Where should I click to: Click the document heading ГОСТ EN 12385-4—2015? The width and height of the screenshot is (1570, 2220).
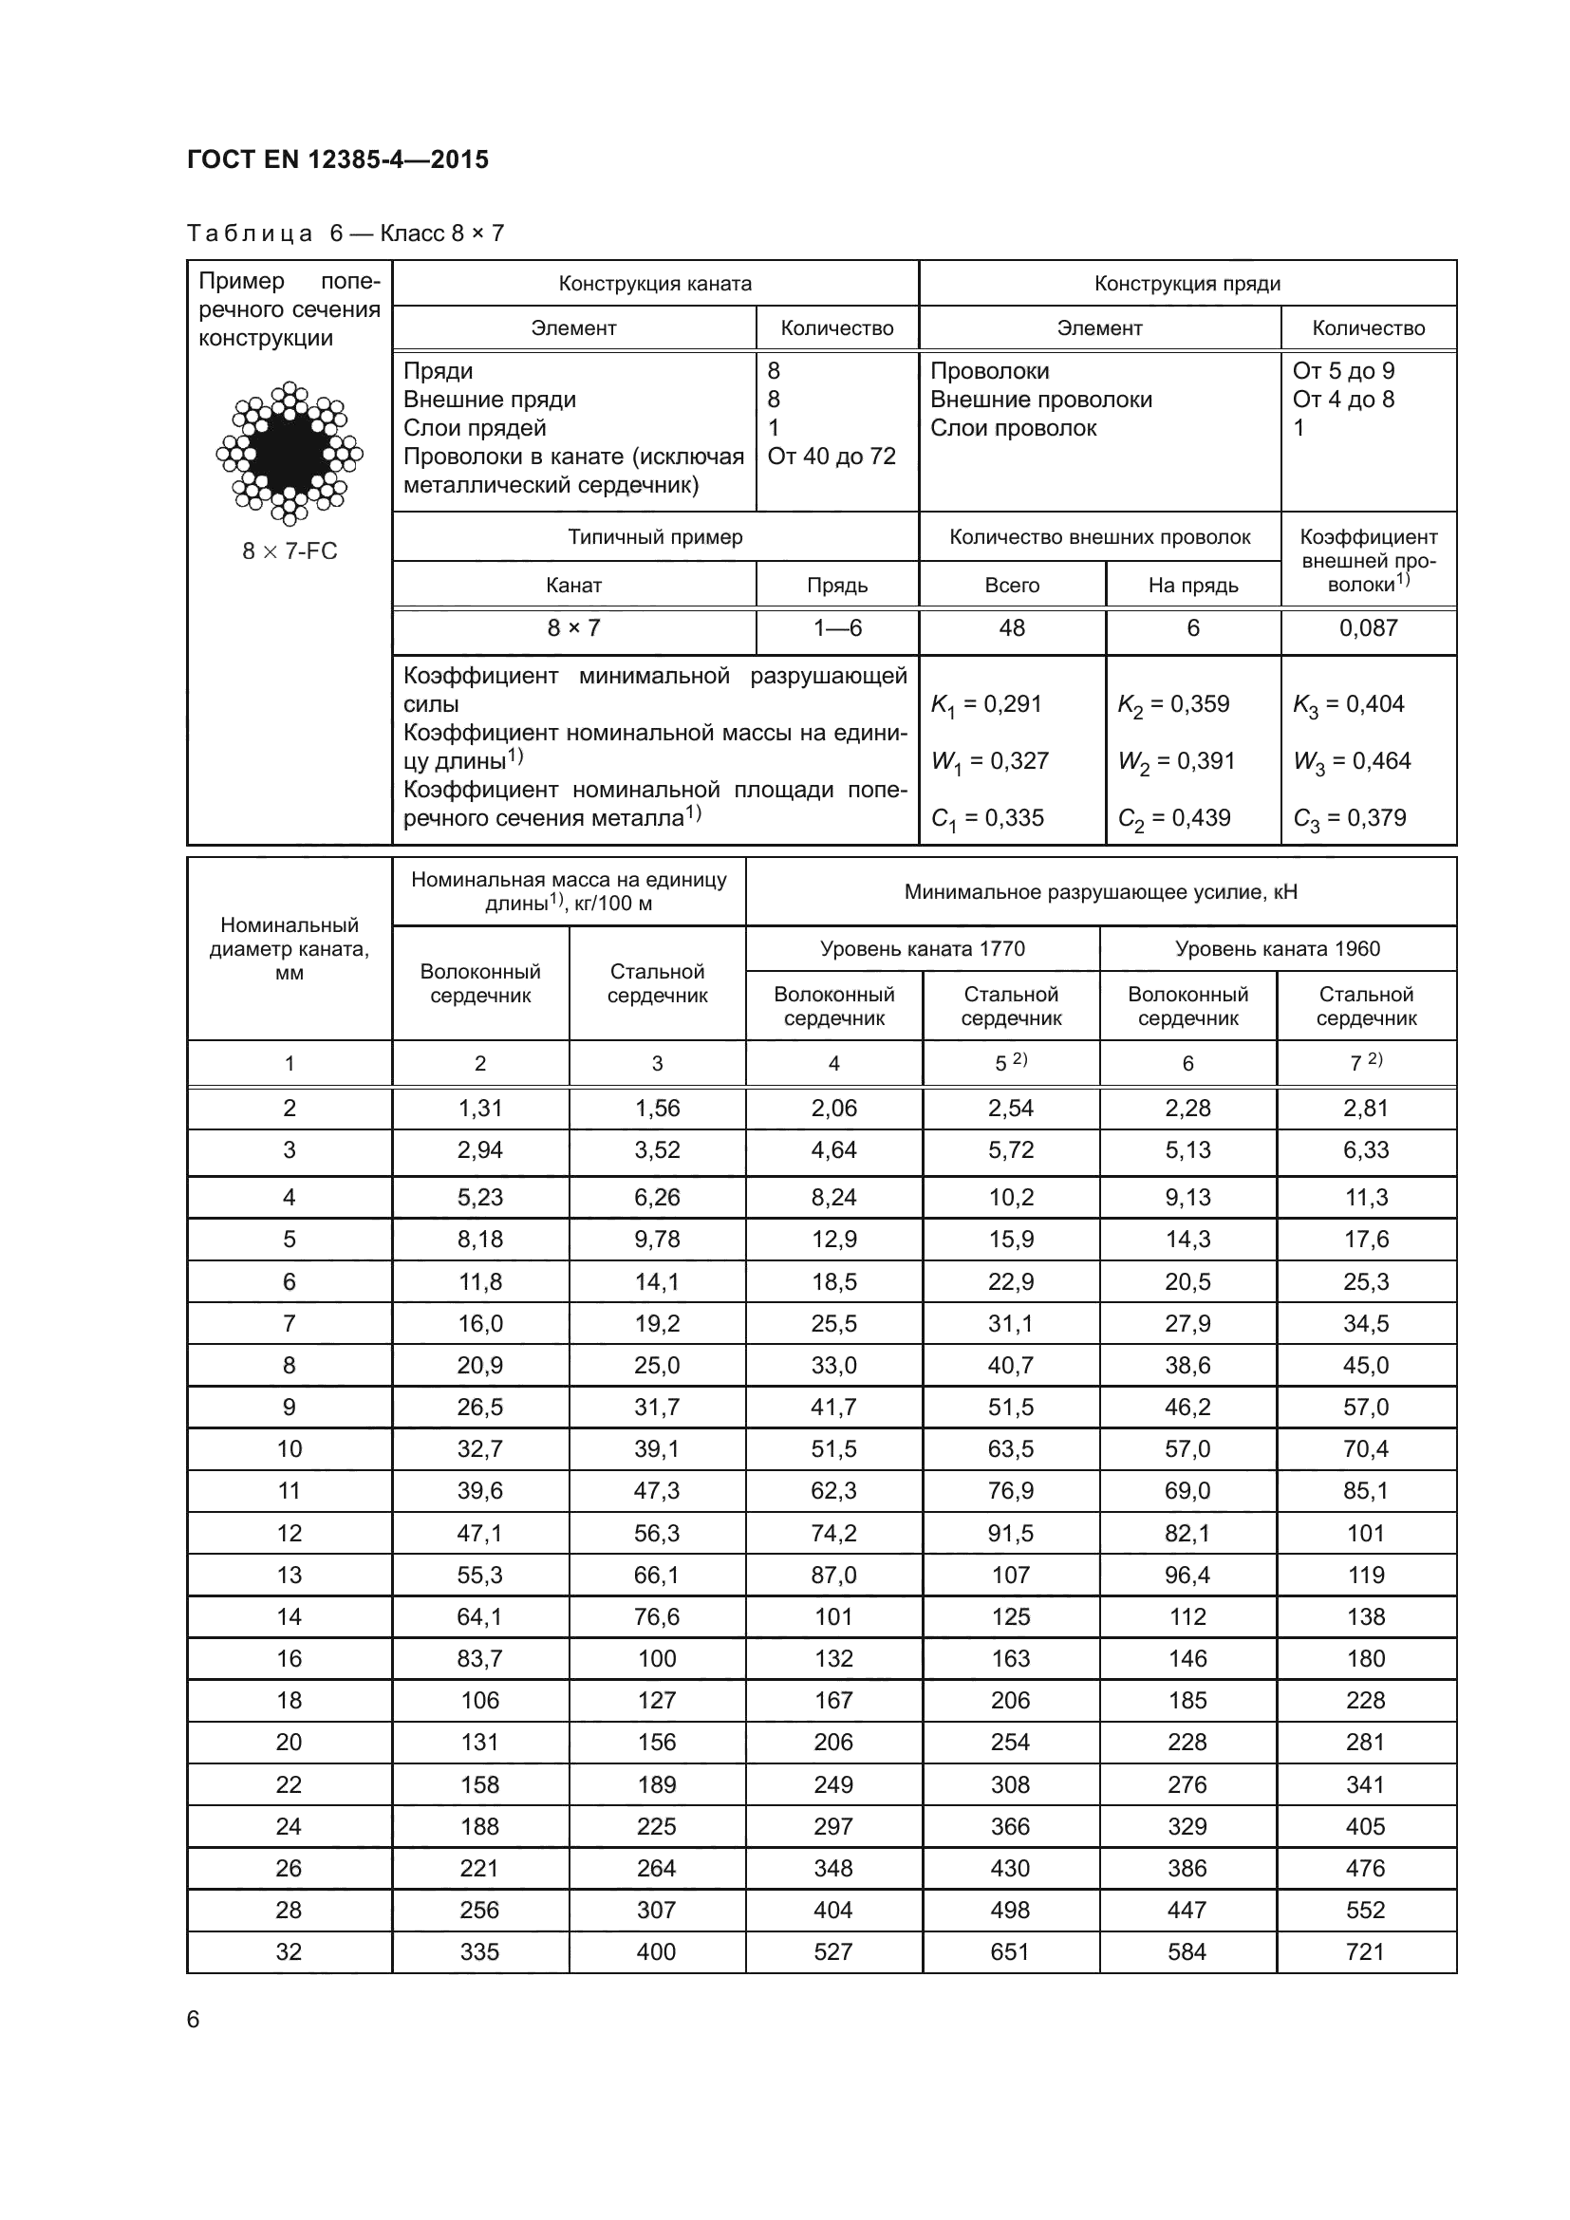pos(337,159)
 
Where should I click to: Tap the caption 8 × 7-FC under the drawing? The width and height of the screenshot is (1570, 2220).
pos(290,551)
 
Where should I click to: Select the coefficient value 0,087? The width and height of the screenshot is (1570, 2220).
pos(1368,628)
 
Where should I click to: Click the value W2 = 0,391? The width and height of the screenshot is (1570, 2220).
pos(1175,762)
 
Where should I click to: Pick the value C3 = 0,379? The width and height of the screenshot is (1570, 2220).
pos(1350,819)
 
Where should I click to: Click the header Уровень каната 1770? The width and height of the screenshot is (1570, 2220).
pos(923,948)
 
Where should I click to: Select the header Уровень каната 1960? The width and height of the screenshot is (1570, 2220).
pos(1277,948)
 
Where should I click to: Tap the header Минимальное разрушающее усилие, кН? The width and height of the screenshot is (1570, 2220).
pos(1100,891)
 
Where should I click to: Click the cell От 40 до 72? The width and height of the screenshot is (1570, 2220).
pos(832,457)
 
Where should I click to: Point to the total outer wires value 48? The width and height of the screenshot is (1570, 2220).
pos(1011,628)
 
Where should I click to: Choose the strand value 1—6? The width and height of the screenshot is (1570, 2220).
pos(837,628)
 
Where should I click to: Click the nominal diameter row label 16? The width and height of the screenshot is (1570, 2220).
pos(290,1658)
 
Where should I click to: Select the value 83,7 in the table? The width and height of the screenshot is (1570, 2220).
pos(479,1658)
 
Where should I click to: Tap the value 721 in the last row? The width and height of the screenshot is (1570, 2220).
pos(1365,1951)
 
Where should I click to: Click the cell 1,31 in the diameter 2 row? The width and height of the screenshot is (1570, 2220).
pos(479,1108)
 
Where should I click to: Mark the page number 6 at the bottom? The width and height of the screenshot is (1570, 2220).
pos(194,2019)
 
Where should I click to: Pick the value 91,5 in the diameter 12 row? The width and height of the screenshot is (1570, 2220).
pos(1010,1533)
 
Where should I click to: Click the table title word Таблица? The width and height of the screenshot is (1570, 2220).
pos(250,233)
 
